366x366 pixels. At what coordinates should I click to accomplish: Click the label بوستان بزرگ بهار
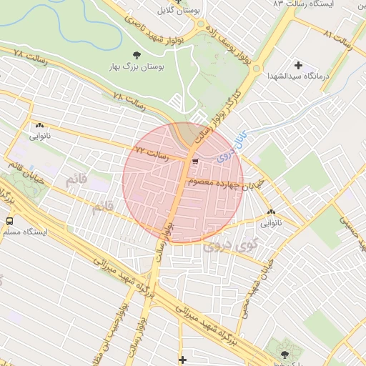(x=135, y=66)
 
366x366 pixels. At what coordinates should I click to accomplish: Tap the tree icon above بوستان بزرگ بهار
(x=136, y=54)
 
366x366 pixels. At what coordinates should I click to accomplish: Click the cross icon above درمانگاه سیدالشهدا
(x=298, y=65)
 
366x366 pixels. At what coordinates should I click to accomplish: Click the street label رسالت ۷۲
(x=151, y=152)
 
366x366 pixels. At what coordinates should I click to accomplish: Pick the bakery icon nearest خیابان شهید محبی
(x=272, y=212)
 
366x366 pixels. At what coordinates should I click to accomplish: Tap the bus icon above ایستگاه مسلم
(x=10, y=221)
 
